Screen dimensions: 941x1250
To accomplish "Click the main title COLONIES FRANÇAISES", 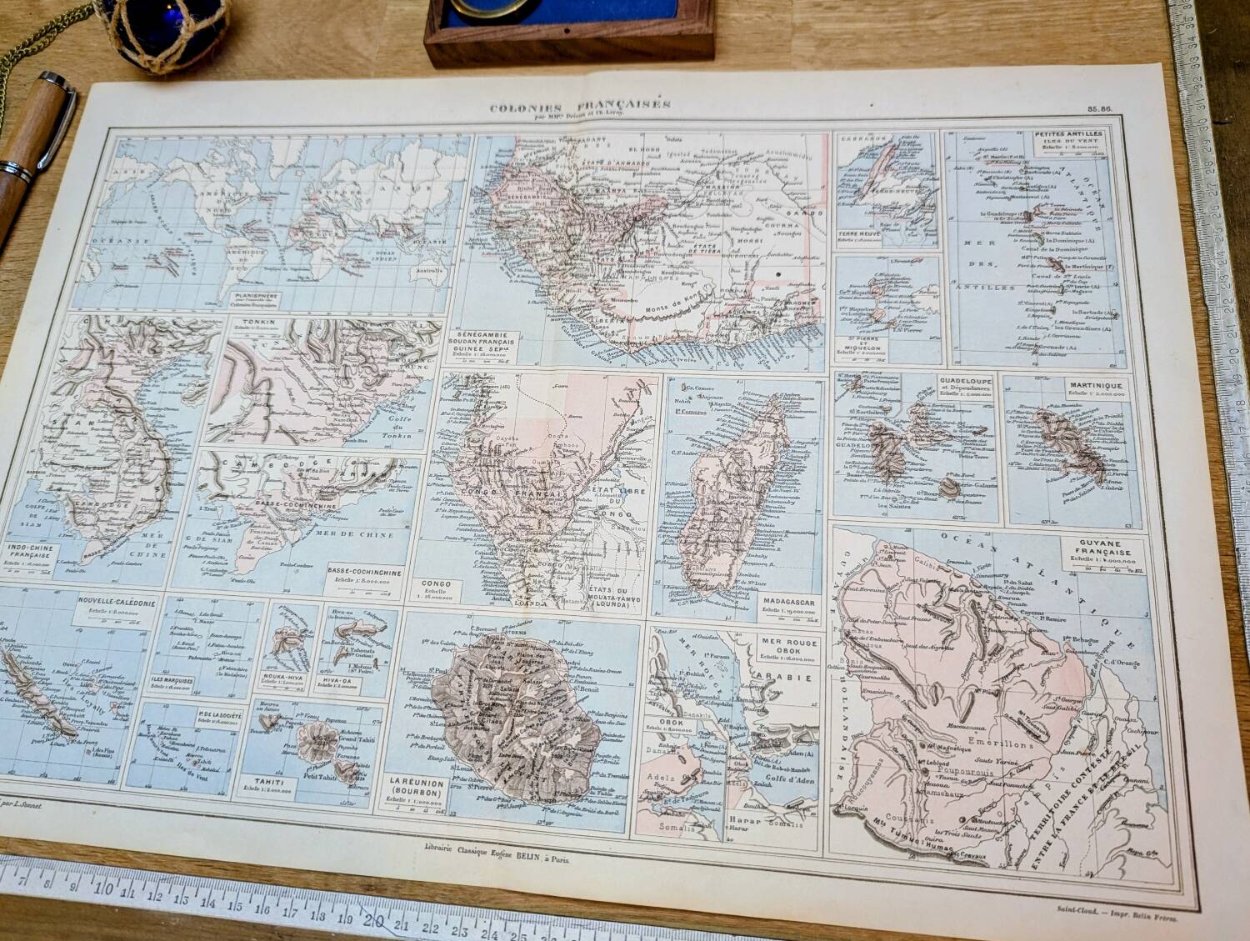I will [580, 106].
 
